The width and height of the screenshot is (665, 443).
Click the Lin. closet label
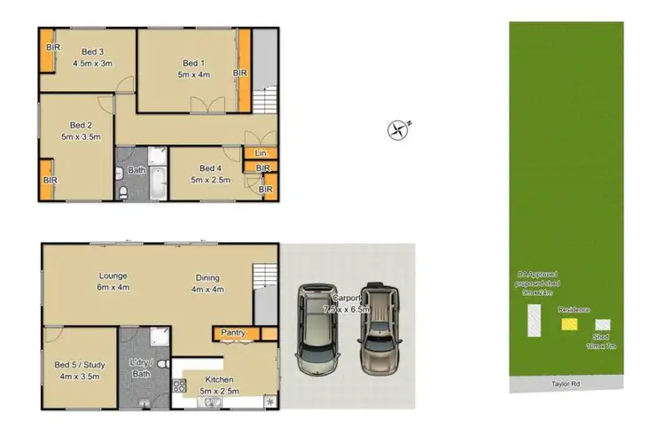pos(261,153)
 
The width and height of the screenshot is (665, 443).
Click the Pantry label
pos(233,332)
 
